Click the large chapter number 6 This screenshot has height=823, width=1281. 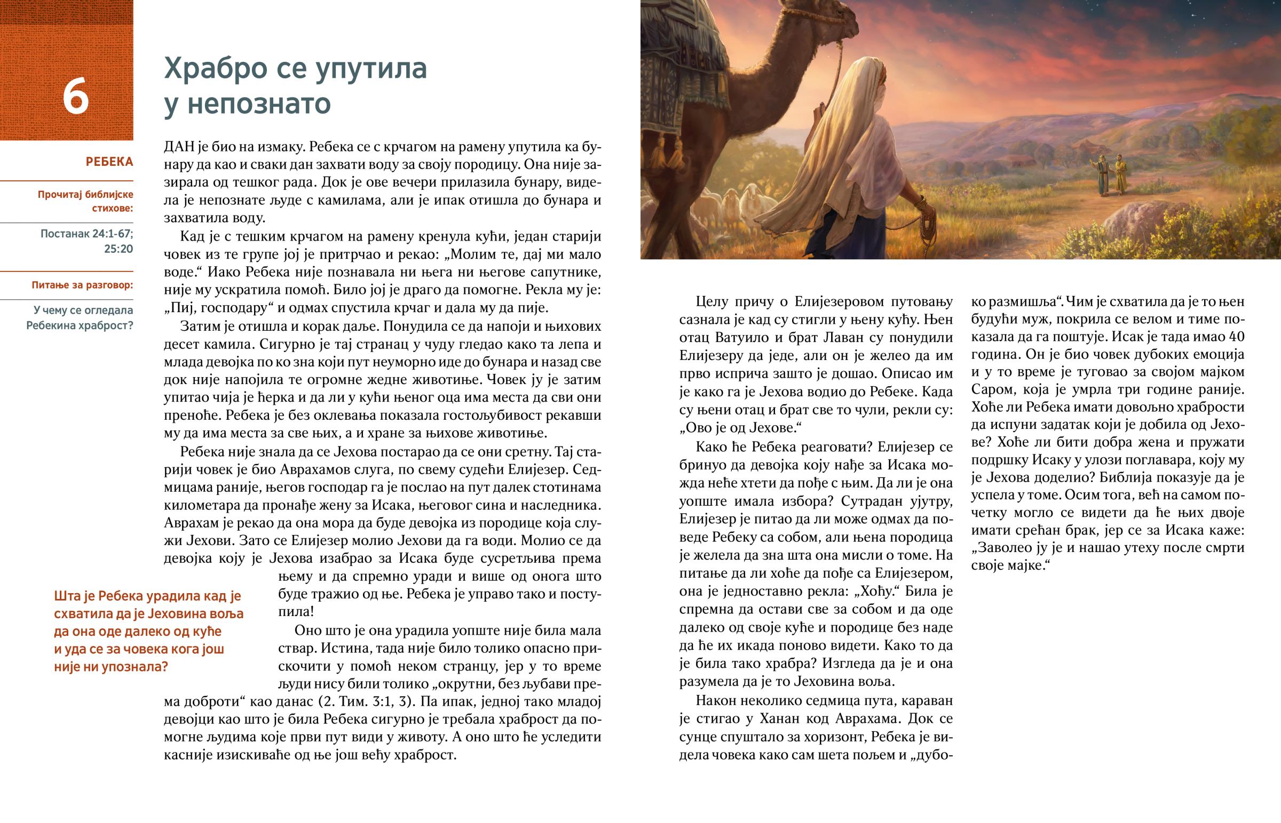(x=75, y=96)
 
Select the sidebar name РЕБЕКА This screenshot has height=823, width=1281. (x=109, y=162)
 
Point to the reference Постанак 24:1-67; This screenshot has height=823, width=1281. (x=86, y=234)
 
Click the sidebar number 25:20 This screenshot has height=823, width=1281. (x=118, y=249)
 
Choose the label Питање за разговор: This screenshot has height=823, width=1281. (x=82, y=285)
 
